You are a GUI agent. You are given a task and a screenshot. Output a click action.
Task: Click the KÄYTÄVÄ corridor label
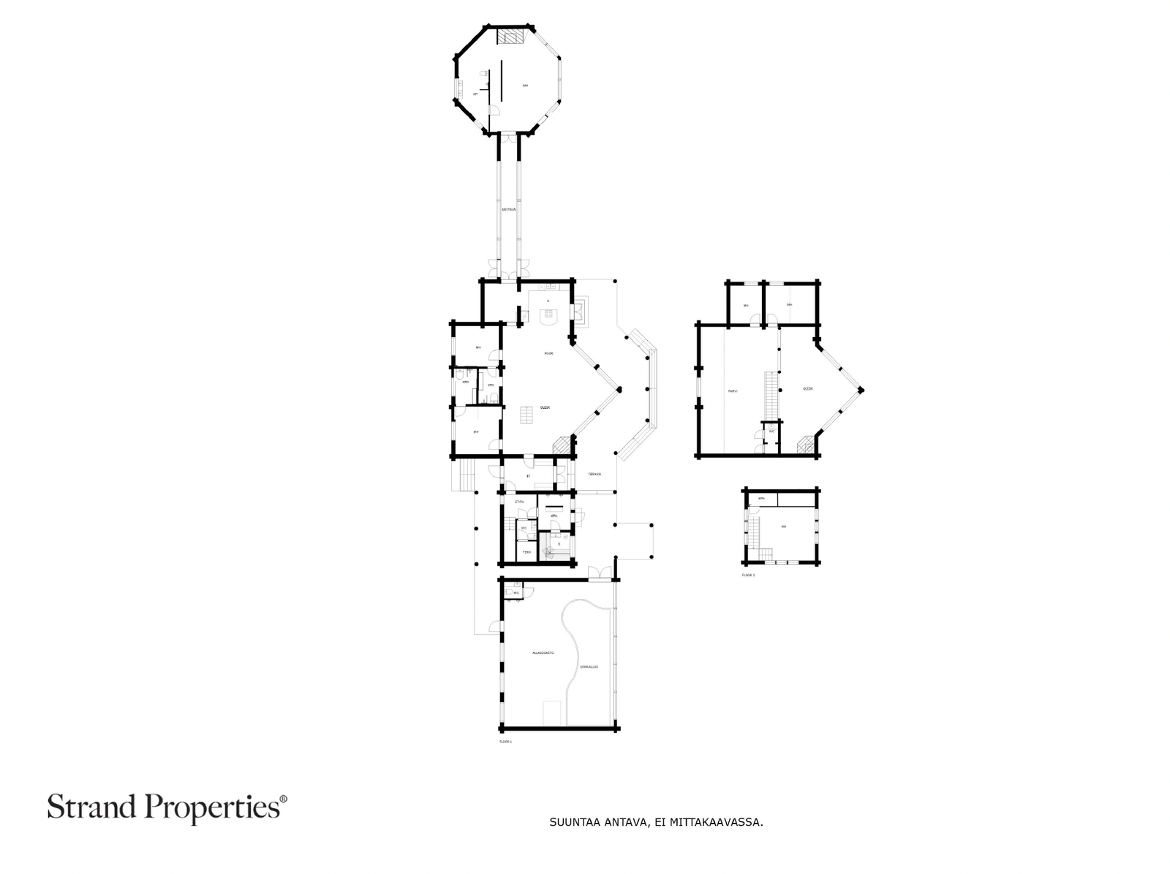tap(509, 210)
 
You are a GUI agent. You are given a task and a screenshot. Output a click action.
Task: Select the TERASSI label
tap(595, 474)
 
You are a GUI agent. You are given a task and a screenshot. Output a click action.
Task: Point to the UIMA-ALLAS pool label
tap(589, 666)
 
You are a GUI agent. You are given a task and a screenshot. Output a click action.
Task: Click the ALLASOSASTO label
tap(543, 652)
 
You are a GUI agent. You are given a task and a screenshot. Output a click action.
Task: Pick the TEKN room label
tap(526, 552)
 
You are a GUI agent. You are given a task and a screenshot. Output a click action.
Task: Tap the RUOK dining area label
tap(548, 353)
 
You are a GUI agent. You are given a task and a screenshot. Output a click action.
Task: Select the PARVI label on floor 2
tap(732, 391)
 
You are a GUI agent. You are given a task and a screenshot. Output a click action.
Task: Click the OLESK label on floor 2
tap(808, 389)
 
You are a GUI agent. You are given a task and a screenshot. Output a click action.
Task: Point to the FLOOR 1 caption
tap(505, 742)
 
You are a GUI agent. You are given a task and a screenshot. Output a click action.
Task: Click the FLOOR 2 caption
tap(748, 576)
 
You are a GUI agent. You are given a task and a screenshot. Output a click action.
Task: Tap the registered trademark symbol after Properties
tap(284, 800)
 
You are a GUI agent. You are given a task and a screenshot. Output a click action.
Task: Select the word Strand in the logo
tap(93, 808)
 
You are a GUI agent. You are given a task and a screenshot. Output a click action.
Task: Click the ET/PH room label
tap(520, 502)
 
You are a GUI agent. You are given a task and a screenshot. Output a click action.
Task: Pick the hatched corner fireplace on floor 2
tap(804, 445)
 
